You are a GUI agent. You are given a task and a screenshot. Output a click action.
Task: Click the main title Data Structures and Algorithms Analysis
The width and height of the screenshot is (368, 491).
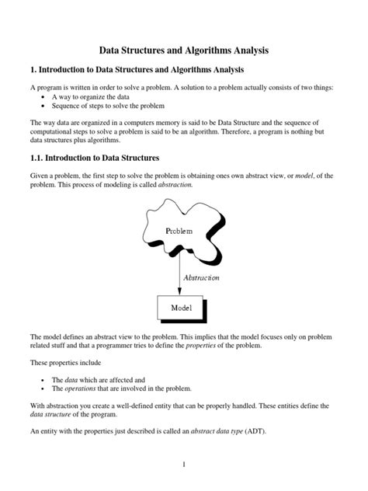(x=185, y=50)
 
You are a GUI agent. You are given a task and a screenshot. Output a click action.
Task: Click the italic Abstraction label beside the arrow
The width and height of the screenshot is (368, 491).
(x=200, y=277)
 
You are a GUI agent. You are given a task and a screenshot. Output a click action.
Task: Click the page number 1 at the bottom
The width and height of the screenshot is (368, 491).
(x=183, y=464)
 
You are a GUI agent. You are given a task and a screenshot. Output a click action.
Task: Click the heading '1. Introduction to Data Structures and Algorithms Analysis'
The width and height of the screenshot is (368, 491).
(x=136, y=70)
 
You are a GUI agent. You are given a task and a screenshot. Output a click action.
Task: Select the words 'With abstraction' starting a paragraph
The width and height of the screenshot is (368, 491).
(x=55, y=405)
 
